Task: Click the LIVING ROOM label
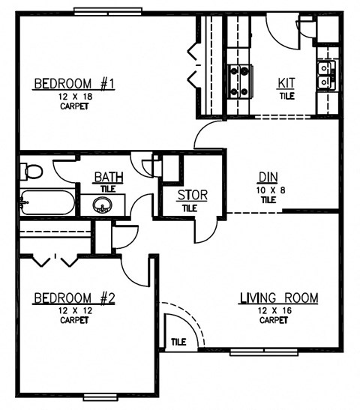278,298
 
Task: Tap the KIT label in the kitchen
287,83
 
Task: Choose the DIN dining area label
268,178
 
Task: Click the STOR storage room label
192,196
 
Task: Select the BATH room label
109,178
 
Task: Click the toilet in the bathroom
32,171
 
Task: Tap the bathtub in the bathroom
46,203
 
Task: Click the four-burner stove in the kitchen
238,82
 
